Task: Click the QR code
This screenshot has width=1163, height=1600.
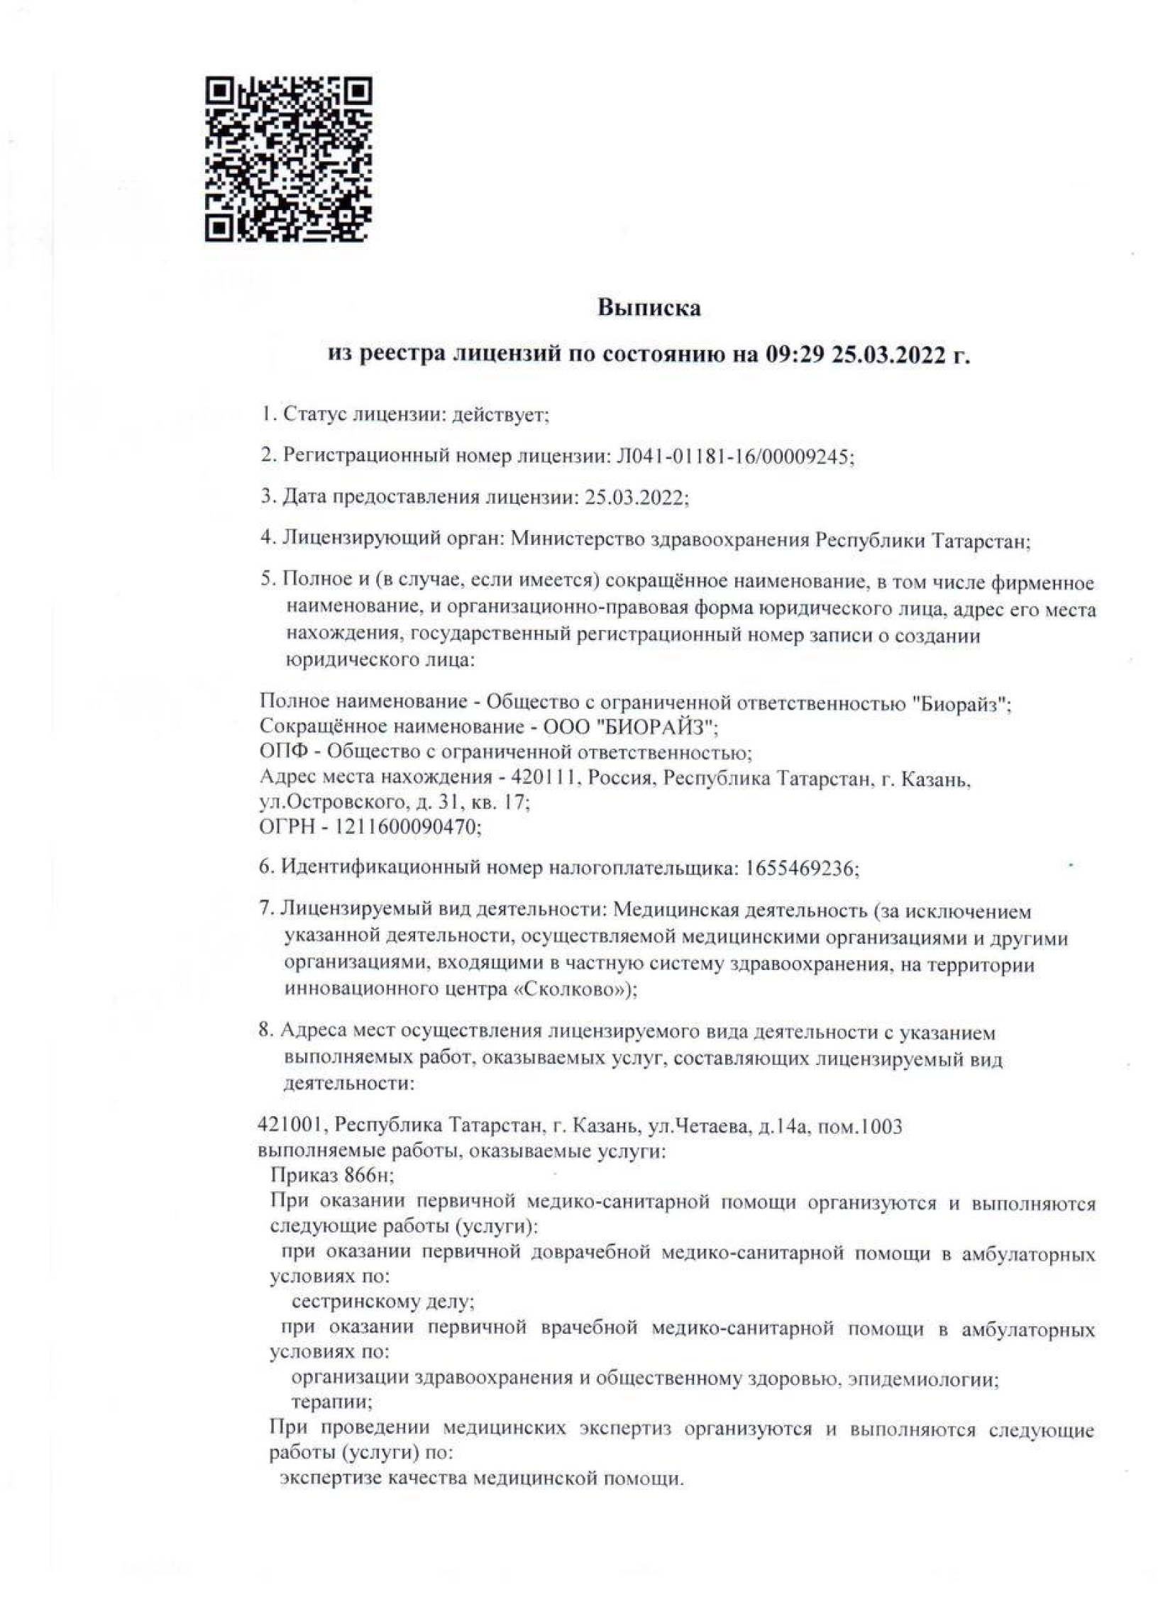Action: pos(288,158)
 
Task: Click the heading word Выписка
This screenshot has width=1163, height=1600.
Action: pos(649,308)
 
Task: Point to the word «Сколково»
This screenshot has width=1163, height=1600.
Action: pos(573,990)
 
